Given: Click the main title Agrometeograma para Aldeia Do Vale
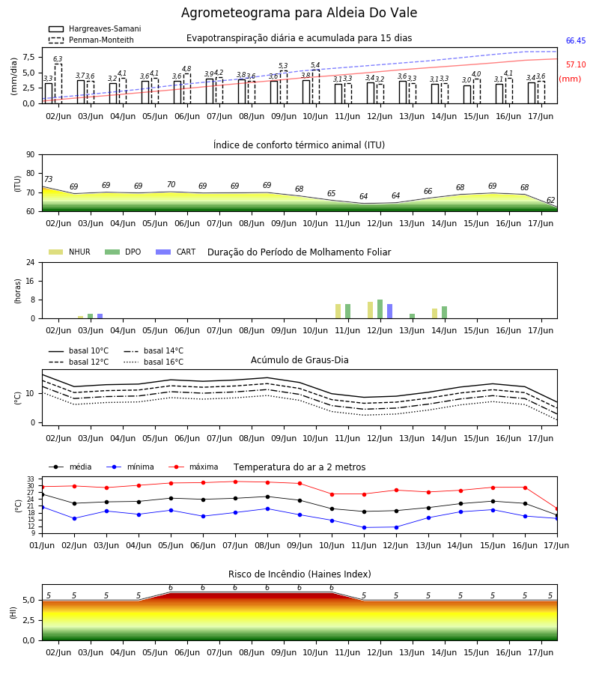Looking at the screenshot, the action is coord(299,13).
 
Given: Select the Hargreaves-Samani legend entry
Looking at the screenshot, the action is coord(95,28).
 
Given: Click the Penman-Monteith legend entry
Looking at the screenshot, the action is coord(91,40).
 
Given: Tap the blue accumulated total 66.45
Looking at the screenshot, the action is coord(576,41).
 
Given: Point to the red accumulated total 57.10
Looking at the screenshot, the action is coord(576,65).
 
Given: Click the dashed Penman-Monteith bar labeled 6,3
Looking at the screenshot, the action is coord(58,84).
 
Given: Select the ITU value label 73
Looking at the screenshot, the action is coord(49,179).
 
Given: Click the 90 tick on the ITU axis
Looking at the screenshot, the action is coord(31,155).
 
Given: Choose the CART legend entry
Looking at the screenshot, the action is coord(176,252).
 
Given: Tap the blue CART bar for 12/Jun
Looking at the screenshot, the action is coord(390,312).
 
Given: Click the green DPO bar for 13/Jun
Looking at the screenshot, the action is coord(412,316).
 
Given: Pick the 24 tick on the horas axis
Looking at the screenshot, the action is coord(31,262).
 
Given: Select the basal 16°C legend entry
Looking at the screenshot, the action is coord(153,362).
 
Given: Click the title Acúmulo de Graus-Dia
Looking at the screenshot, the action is coord(299,360).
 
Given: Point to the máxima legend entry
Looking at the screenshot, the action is coord(193,467).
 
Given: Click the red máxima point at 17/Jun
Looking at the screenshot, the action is coord(557,509).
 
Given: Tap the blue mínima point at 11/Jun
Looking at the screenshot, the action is coord(365,527).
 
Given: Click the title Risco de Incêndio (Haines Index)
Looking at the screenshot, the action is coord(299,574).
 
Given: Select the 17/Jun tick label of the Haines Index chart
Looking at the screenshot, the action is coord(541,652).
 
